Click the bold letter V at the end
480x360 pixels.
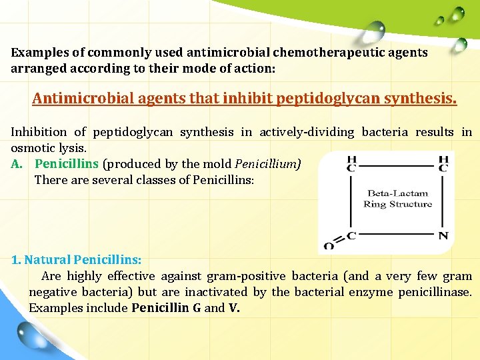tap(233, 308)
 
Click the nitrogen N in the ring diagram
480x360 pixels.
tap(443, 236)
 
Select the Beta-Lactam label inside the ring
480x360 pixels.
tap(398, 193)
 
